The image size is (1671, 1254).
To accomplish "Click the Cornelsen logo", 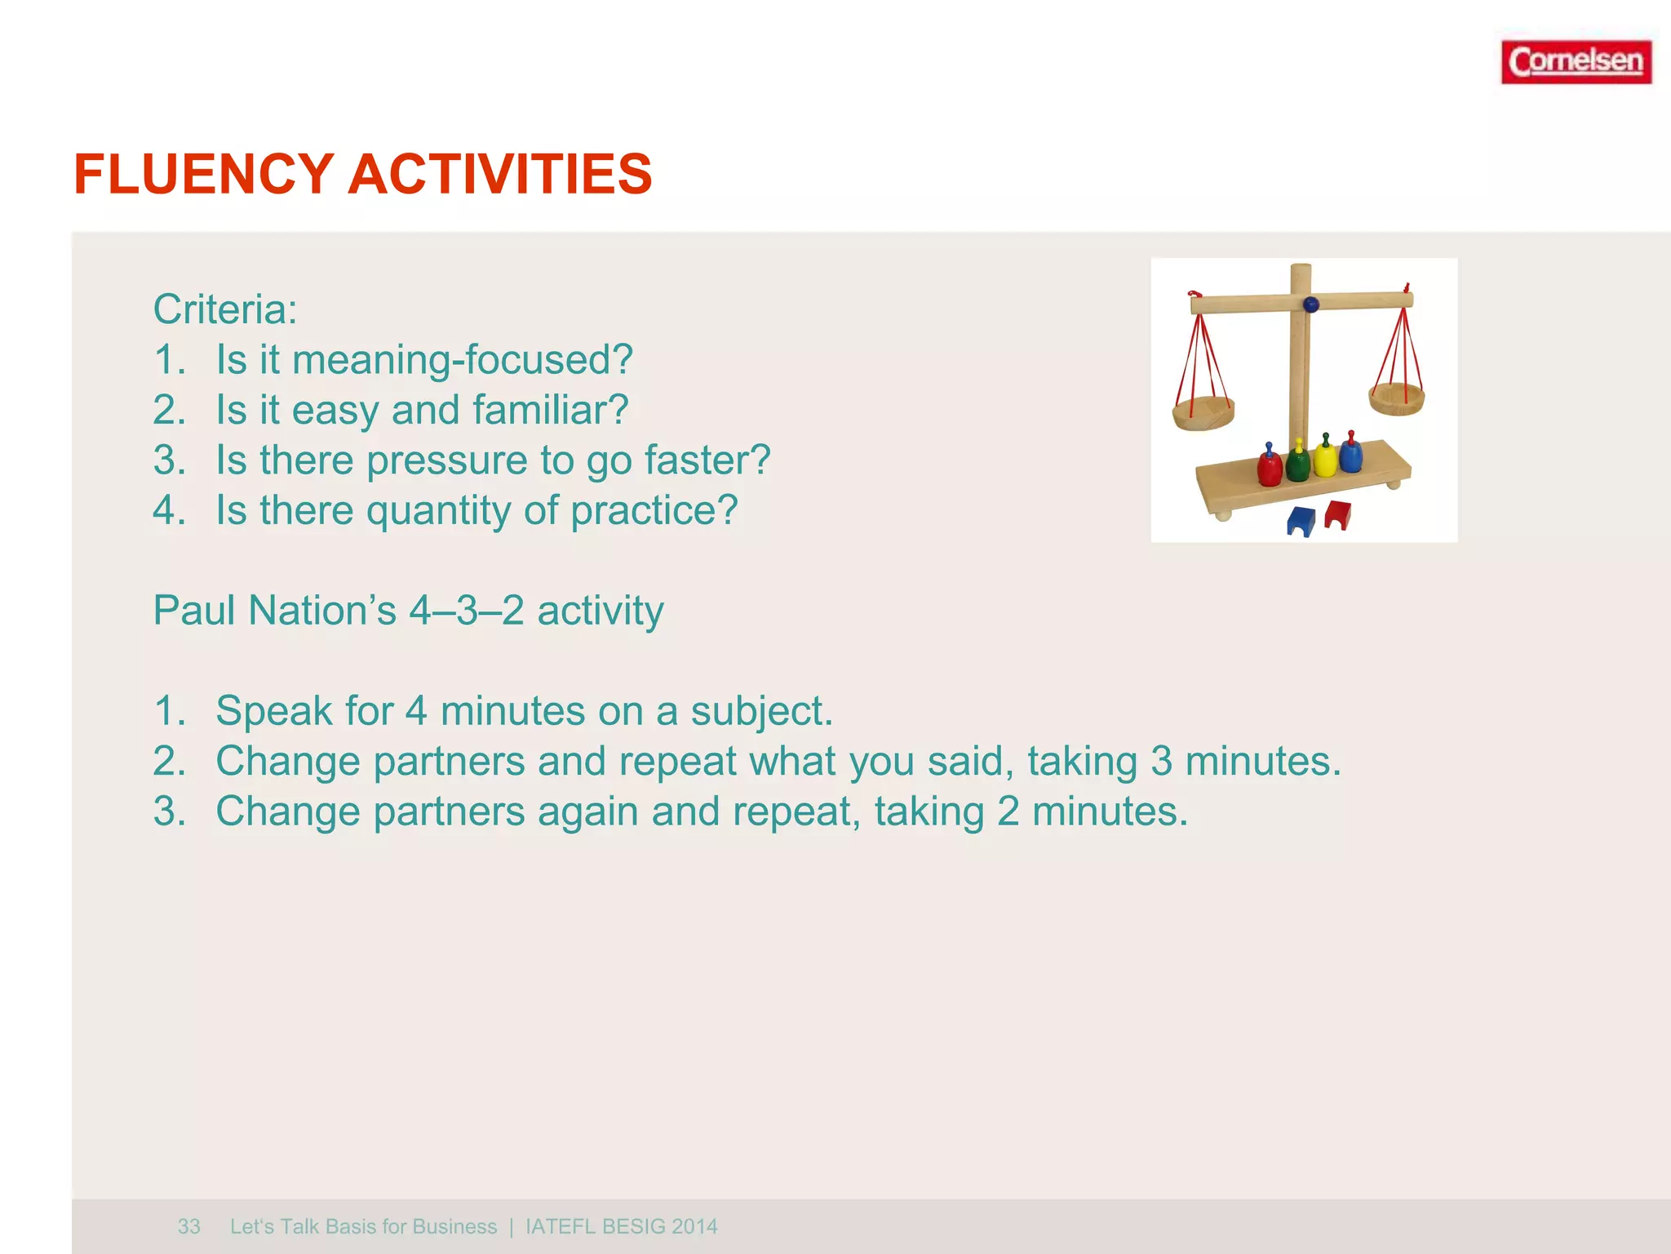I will [x=1576, y=62].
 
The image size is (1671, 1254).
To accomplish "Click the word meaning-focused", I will [x=462, y=360].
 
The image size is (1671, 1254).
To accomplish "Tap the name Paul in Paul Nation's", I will [x=195, y=611].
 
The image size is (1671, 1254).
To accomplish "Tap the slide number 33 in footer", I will [x=188, y=1226].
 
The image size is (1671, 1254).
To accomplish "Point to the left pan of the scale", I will [x=1203, y=414].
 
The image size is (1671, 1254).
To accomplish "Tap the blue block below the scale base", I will [x=1301, y=521].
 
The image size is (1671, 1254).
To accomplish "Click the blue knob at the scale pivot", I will [x=1311, y=305].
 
